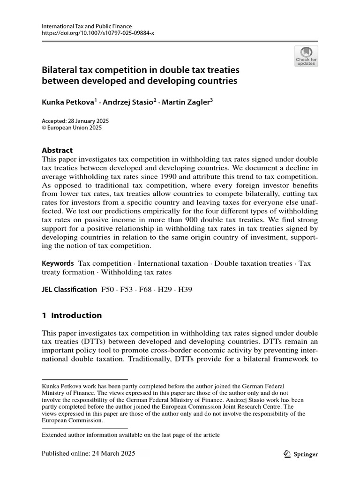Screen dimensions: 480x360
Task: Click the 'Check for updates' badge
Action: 306,56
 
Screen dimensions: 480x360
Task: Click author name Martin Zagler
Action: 187,102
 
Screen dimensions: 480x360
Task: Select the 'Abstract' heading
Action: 57,150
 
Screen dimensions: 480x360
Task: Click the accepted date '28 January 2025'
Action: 89,120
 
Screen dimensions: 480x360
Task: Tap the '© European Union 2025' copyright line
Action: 72,127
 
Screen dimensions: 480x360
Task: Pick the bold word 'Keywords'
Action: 58,263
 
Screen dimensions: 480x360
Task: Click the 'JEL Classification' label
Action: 69,290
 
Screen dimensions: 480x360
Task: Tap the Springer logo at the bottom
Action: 301,454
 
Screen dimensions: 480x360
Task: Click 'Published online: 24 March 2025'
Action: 89,454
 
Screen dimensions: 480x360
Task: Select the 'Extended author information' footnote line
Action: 131,435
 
